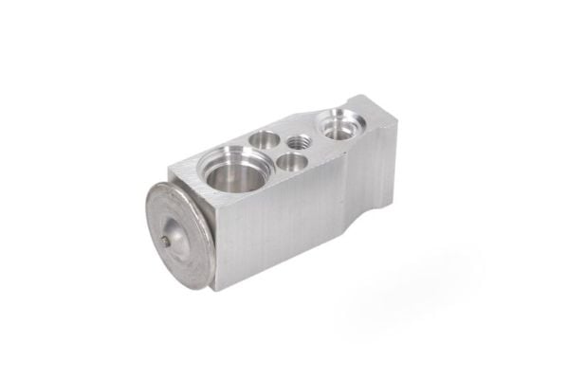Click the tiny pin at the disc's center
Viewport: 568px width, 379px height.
pos(168,242)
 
